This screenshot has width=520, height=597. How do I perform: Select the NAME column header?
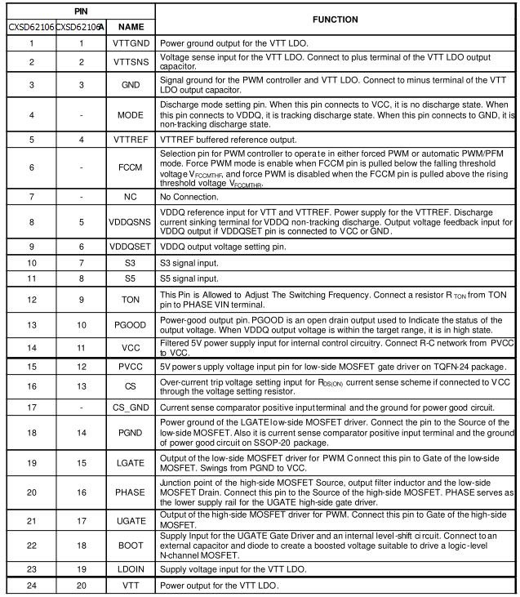click(x=131, y=26)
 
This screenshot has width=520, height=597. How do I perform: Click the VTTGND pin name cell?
click(x=131, y=42)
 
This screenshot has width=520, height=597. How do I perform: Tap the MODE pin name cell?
click(x=131, y=115)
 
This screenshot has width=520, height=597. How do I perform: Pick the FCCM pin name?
click(x=131, y=167)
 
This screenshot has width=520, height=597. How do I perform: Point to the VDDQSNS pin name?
click(x=131, y=221)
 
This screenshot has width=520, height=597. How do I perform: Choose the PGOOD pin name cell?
click(x=131, y=325)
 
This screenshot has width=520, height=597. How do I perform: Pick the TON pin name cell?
click(x=131, y=299)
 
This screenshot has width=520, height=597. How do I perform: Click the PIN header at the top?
click(x=78, y=11)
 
